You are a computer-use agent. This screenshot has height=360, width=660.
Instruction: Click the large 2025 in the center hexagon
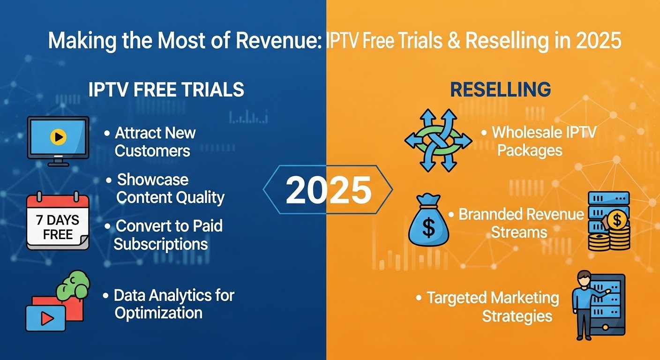328,190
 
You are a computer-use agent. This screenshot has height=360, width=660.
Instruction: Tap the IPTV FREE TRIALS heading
166,89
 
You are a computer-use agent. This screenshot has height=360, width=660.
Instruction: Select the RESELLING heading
500,89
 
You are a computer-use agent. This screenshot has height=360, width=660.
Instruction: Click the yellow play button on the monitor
58,137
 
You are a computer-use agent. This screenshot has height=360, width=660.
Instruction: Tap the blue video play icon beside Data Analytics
45,319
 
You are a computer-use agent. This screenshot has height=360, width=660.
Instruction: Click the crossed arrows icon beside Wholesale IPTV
438,140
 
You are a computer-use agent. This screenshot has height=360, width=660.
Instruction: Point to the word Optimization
158,313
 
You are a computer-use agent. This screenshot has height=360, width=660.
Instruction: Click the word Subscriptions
161,244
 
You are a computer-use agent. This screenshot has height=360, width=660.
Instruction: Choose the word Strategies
517,316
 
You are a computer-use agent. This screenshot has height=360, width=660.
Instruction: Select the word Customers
152,151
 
